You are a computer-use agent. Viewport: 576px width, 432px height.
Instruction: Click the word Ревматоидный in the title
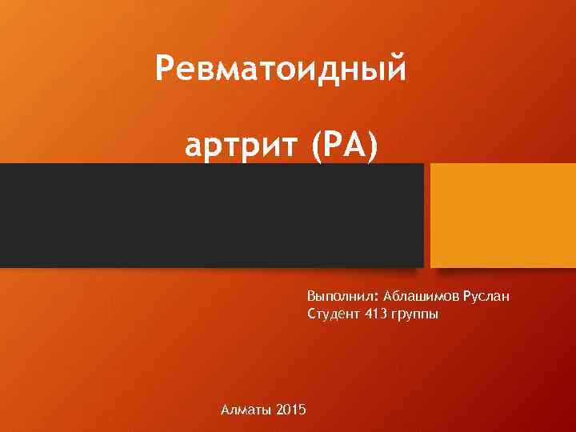click(x=282, y=70)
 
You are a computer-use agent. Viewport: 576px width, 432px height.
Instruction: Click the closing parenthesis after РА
click(x=369, y=146)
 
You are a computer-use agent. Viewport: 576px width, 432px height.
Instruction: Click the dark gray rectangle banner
click(x=211, y=214)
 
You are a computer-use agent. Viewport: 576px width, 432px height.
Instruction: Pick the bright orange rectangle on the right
click(x=502, y=214)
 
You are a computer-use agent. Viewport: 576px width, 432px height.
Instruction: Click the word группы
click(x=414, y=314)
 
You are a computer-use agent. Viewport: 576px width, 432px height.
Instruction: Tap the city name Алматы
click(x=245, y=410)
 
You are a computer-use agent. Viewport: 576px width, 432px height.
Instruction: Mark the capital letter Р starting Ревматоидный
click(x=164, y=69)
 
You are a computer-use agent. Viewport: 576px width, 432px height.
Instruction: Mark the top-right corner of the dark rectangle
click(x=422, y=165)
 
